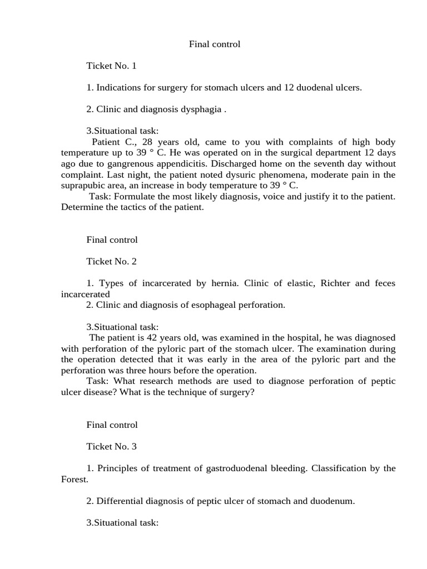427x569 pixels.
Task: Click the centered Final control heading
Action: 215,44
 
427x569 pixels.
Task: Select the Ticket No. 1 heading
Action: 111,66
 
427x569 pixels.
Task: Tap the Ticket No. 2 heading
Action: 111,261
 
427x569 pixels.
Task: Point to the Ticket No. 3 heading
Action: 111,446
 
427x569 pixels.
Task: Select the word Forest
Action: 73,479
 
